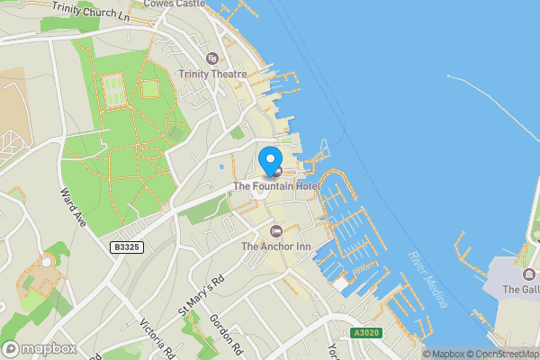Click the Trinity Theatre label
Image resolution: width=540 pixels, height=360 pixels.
point(213,75)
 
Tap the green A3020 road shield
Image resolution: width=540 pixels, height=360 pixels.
point(365,332)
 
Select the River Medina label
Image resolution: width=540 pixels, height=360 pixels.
point(428,279)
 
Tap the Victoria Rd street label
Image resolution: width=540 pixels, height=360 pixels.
point(154,338)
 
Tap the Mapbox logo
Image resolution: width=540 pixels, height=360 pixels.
point(39,348)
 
